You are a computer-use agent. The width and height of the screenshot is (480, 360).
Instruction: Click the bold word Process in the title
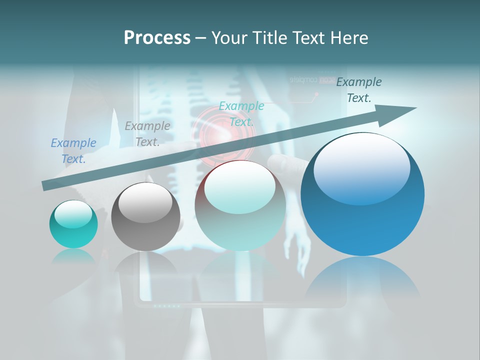(157, 38)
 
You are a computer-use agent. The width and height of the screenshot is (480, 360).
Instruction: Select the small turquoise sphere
(73, 224)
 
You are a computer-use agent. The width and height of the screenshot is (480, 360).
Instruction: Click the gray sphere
(145, 216)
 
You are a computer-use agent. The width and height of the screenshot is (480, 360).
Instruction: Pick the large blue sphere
(362, 194)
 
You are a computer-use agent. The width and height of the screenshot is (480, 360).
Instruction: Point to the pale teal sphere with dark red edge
(240, 205)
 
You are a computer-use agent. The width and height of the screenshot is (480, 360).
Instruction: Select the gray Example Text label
(147, 134)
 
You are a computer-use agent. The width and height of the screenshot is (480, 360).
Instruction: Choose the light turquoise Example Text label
(241, 114)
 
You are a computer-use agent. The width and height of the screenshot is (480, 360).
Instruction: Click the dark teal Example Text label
(359, 90)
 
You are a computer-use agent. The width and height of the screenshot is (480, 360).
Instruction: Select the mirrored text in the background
(312, 80)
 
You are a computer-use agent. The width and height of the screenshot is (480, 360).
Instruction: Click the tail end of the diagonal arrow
(45, 186)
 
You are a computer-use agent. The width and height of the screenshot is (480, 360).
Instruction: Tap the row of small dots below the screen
(166, 305)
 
